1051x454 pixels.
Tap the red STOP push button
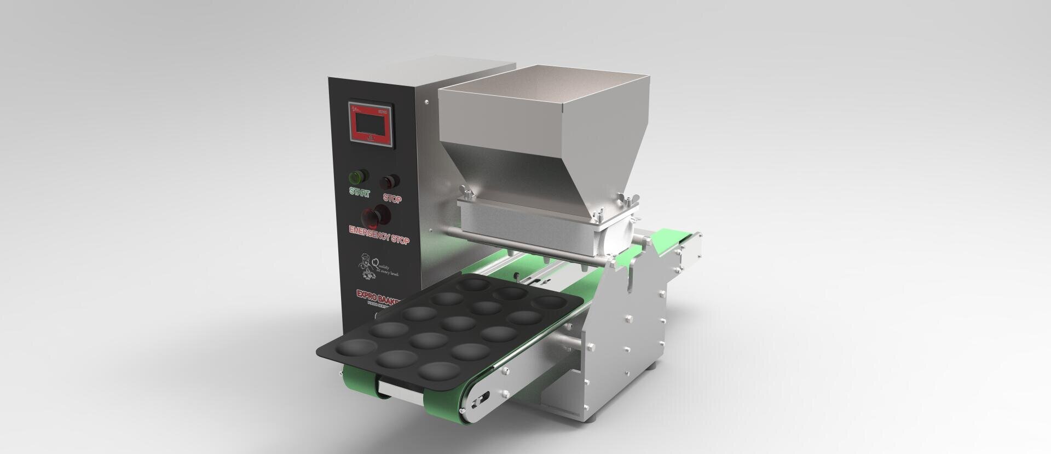pos(390,181)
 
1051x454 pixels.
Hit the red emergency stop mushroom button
pos(377,217)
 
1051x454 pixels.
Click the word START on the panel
pos(360,193)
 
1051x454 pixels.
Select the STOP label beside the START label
pos(392,198)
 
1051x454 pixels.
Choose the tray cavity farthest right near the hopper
pos(542,302)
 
